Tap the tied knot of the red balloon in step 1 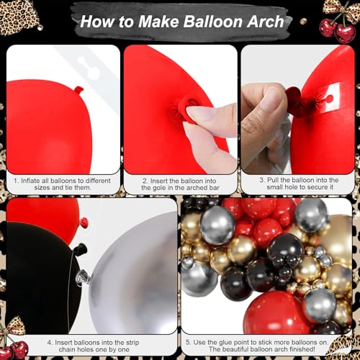pos(78,91)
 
